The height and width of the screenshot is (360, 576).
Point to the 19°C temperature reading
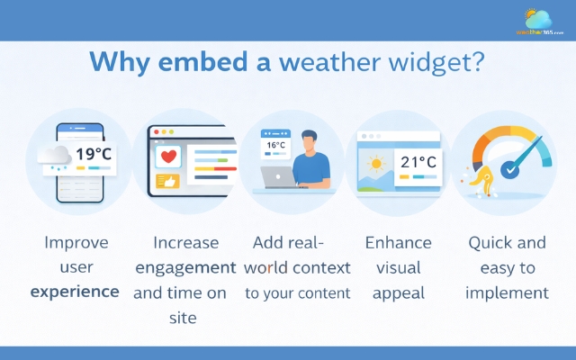(92, 153)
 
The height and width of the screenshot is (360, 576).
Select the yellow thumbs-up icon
(168, 181)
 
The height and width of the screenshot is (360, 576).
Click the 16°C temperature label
(274, 144)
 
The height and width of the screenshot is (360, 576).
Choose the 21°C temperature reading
(418, 163)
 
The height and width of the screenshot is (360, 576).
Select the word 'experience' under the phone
(74, 292)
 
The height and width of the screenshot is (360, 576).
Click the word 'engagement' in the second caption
(185, 267)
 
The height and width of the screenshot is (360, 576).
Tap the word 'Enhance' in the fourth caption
(398, 243)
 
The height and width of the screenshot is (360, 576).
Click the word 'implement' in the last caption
(507, 292)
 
